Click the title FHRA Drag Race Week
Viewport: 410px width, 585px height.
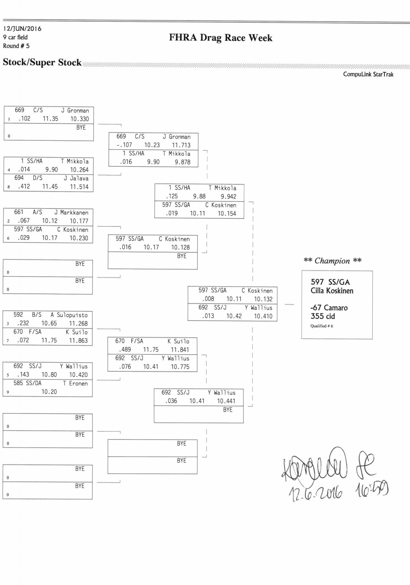click(221, 38)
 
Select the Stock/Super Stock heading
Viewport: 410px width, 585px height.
click(42, 63)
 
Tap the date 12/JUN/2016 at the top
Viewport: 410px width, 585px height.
click(22, 29)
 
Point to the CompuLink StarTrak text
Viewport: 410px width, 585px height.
click(368, 74)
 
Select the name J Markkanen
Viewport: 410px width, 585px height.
click(71, 212)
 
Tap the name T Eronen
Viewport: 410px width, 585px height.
click(75, 383)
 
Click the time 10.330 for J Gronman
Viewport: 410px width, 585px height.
click(79, 119)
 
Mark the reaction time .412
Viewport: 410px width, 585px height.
click(24, 186)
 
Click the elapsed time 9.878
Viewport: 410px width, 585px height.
click(182, 162)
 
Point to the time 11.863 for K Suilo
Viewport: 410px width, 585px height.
click(78, 340)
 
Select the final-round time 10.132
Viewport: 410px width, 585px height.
click(263, 299)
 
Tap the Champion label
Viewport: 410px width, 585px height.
click(332, 261)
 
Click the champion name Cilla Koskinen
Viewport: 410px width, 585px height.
click(332, 291)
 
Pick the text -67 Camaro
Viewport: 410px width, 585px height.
click(329, 308)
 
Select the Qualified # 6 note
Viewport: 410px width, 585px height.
click(321, 326)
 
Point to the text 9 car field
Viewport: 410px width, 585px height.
click(15, 37)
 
